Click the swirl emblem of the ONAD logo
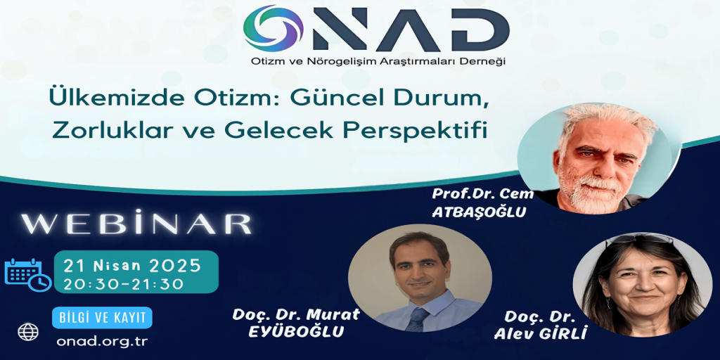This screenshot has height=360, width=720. click(274, 28)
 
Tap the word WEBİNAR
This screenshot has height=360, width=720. click(136, 224)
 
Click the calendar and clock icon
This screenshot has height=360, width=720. click(27, 275)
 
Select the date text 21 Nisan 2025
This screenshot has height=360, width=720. click(133, 265)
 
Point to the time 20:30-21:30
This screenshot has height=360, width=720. click(124, 284)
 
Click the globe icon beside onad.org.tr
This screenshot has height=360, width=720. click(28, 332)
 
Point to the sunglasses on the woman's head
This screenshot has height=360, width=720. click(639, 239)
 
